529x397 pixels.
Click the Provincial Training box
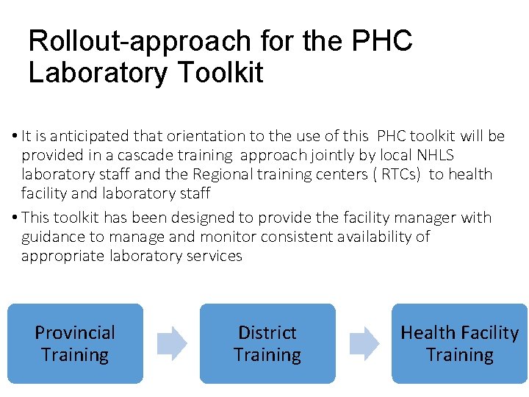tap(75, 343)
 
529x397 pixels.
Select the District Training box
tap(267, 343)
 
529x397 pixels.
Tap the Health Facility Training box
tap(459, 343)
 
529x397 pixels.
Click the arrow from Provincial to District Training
tap(172, 343)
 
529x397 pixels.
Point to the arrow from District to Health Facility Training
tap(364, 343)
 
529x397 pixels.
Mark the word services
tap(215, 256)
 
